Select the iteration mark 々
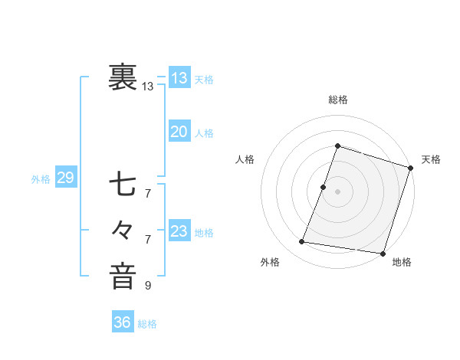pos(123,230)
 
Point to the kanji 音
pos(123,276)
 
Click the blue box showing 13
pos(179,78)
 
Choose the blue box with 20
pos(179,132)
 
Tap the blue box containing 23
pos(179,231)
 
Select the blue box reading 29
pos(65,178)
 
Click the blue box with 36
pos(122,322)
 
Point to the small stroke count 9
pos(148,286)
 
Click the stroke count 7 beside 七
pos(148,193)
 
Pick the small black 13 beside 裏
pos(148,87)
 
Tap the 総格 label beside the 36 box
pos(147,324)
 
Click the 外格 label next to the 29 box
pos(41,179)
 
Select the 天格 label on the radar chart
pos(431,159)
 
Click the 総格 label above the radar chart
pos(338,100)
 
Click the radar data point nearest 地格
pos(382,254)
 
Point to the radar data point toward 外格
pos(302,242)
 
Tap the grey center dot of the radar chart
pos(337,191)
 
